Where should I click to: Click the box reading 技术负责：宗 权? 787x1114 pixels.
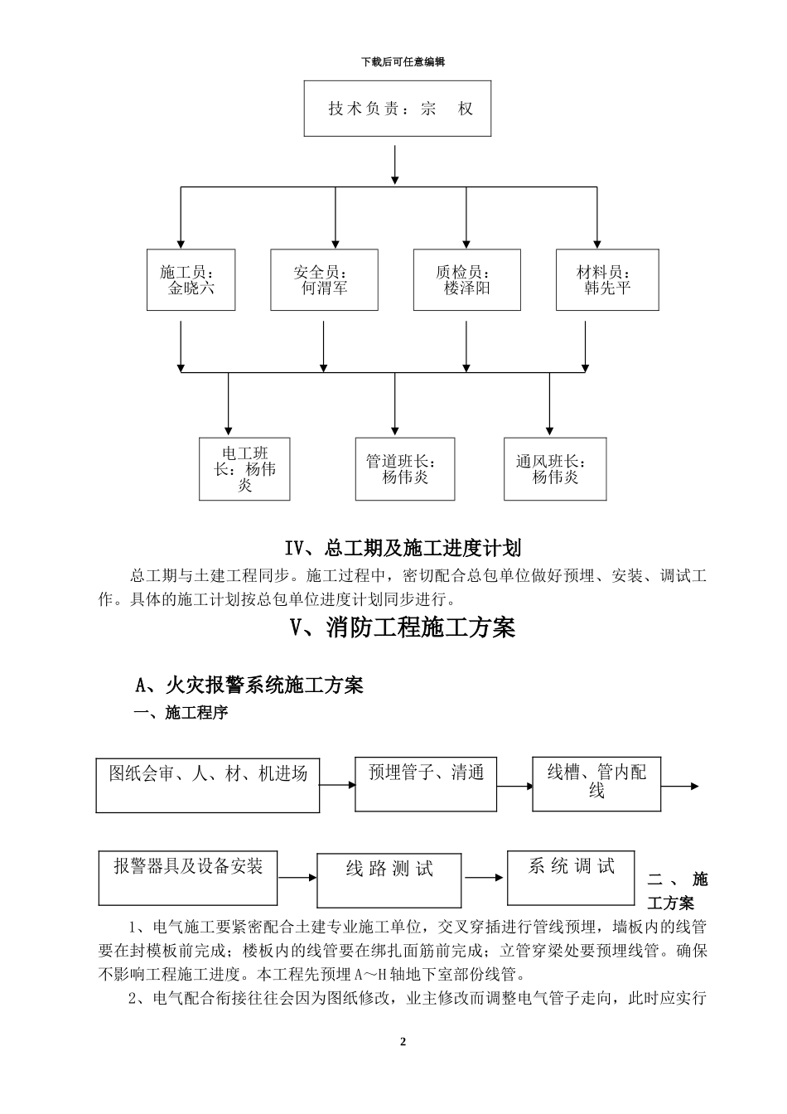tap(398, 109)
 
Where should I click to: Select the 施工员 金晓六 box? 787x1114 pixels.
tap(191, 280)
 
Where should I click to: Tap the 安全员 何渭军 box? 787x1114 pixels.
tap(324, 280)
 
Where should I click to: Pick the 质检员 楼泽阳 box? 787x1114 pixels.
tap(466, 280)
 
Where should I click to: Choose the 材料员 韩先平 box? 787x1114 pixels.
tap(607, 280)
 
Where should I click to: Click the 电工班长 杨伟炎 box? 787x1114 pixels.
tap(244, 469)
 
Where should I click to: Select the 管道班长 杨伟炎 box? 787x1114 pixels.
tap(405, 469)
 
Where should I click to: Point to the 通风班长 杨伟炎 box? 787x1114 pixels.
tap(554, 469)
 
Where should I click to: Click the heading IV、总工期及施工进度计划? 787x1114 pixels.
tap(403, 548)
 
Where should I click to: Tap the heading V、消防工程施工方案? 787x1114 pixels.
tap(403, 628)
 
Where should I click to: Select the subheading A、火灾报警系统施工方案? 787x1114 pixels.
tap(249, 685)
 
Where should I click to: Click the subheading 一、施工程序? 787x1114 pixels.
tap(181, 713)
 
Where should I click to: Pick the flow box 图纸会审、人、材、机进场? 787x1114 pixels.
tap(208, 784)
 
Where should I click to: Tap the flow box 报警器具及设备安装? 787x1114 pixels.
tap(188, 878)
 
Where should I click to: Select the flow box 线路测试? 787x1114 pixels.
tap(389, 879)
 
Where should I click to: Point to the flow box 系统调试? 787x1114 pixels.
tap(572, 877)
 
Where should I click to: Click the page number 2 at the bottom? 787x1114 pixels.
tap(403, 1042)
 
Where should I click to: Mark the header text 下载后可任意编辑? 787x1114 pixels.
tap(403, 62)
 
